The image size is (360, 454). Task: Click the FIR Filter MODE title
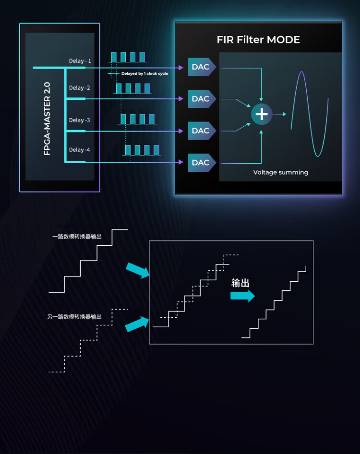coord(258,40)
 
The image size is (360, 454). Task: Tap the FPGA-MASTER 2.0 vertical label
coord(47,119)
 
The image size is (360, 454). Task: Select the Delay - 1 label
coord(80,61)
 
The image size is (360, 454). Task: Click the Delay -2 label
coord(79,88)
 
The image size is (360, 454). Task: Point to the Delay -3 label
coord(79,120)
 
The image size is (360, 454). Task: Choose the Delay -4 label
coord(79,150)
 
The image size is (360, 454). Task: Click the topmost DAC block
coord(202,67)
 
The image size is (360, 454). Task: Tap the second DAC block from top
coord(202,99)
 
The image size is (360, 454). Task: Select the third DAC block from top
coord(202,131)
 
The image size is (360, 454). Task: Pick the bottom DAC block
coord(202,163)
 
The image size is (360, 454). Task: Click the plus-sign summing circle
coord(262,114)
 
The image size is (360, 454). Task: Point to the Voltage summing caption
coord(281,172)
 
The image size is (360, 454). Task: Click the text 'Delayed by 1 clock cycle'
coord(144,73)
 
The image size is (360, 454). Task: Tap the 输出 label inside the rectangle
coord(240,283)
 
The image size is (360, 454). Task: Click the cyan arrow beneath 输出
coord(242,296)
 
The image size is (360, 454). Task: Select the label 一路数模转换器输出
coord(77,237)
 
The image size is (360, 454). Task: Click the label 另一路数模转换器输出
coord(74,317)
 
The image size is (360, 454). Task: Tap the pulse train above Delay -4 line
coord(142,150)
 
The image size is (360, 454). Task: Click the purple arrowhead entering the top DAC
coord(181,68)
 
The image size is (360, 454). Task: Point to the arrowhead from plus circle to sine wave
coord(284,114)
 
